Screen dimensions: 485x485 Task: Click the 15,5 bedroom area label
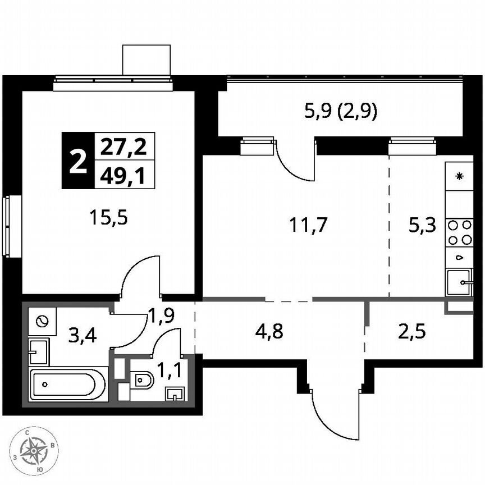click(109, 217)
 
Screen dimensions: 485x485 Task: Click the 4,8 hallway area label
click(270, 331)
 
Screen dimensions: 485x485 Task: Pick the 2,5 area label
click(412, 331)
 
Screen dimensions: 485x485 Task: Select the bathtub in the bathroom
click(68, 385)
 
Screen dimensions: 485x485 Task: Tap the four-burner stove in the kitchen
click(459, 232)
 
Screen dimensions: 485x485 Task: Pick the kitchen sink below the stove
click(460, 282)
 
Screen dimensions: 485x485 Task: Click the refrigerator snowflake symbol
click(459, 177)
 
